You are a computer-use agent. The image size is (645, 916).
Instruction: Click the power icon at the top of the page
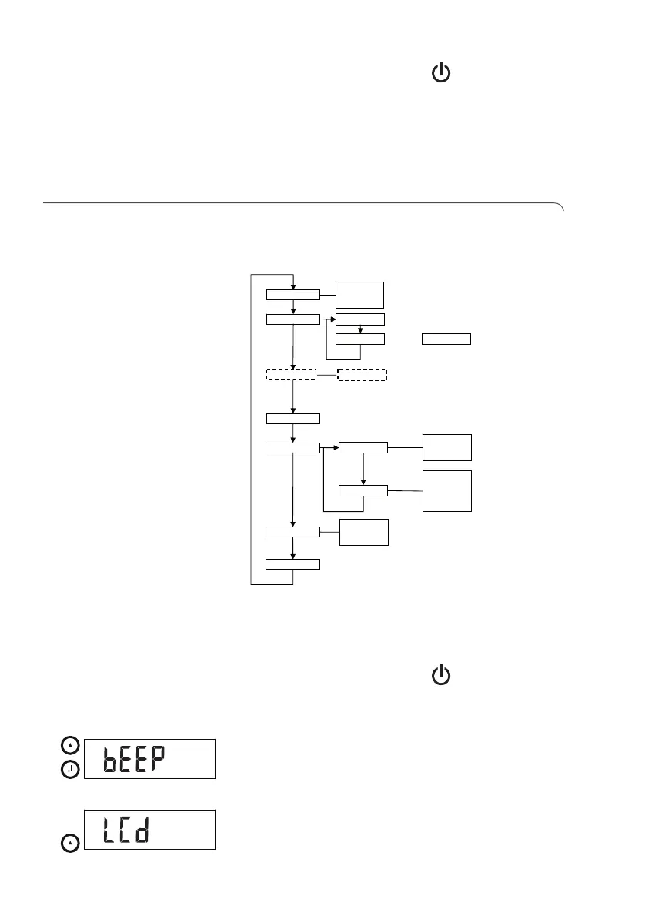441,74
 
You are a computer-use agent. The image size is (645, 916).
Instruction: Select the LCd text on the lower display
124,830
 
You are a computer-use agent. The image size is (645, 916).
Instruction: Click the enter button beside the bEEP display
71,769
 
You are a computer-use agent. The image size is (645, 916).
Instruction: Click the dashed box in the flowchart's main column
291,375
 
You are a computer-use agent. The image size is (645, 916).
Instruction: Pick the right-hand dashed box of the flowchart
362,375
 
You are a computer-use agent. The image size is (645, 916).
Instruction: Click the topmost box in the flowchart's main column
292,294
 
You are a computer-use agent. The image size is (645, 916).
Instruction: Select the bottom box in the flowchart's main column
292,564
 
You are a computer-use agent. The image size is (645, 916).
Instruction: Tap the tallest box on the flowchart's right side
446,490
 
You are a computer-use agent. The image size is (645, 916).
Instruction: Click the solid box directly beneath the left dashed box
292,418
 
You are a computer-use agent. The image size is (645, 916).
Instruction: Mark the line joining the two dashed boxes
326,375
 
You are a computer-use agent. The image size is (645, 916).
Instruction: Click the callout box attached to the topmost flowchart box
359,295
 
